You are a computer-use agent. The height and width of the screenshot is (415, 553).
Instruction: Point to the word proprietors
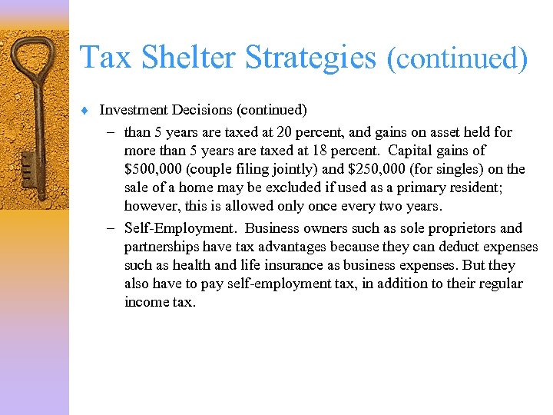[x=459, y=228]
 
